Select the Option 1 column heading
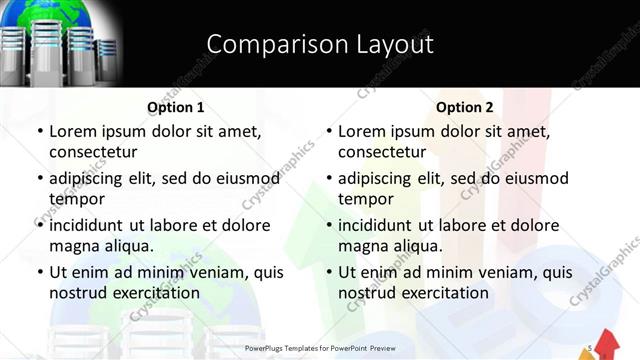click(176, 107)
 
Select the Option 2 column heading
click(465, 107)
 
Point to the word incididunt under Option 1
click(91, 225)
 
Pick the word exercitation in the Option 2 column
click(444, 292)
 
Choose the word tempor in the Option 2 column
click(366, 198)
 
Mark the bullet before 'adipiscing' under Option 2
click(329, 178)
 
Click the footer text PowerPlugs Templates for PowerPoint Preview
click(320, 348)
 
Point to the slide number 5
click(592, 347)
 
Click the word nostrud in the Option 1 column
click(79, 292)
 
